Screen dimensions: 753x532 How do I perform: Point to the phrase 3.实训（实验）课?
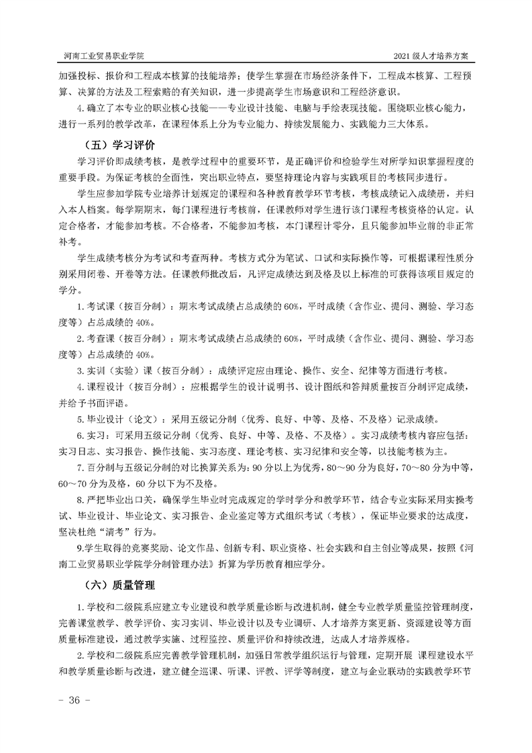pos(114,370)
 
